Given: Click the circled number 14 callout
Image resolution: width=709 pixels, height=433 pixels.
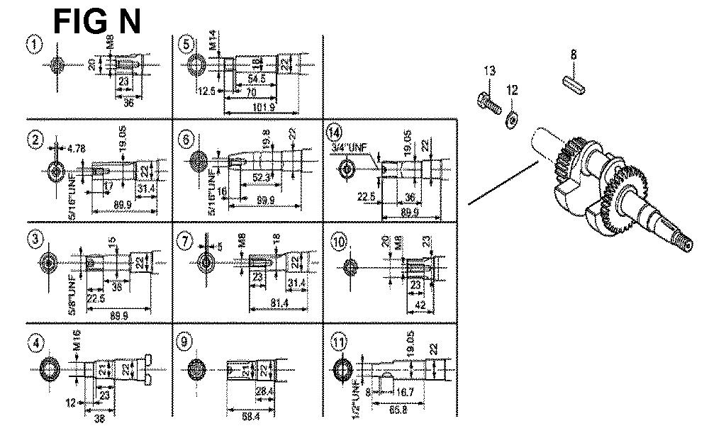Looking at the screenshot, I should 335,132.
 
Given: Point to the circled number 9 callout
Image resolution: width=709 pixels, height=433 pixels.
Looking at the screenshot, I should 186,342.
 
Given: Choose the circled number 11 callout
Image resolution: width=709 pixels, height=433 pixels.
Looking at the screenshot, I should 340,343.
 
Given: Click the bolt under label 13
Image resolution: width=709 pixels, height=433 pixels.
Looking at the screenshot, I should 489,101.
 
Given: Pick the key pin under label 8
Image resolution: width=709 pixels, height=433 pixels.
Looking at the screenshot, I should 575,80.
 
